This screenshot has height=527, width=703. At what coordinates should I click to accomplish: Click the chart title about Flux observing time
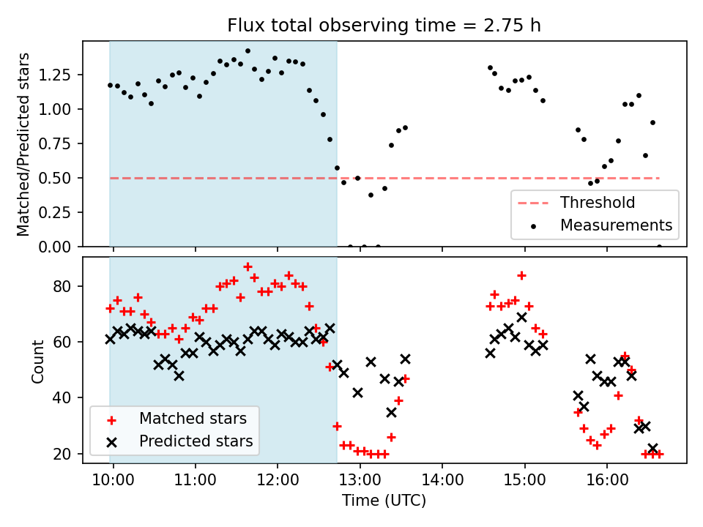384,26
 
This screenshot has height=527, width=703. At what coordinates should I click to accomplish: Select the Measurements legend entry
615,225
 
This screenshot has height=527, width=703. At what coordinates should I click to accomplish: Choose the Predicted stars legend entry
195,441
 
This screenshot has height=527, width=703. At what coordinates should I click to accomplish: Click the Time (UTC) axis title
384,501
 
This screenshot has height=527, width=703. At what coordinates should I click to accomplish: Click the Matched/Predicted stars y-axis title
23,144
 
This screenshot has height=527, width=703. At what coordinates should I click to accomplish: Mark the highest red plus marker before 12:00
248,266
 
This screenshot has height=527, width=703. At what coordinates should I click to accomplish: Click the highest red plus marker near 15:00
521,275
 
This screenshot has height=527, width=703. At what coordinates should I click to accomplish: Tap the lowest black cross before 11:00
179,375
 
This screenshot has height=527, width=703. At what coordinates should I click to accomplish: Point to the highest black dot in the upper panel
248,51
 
